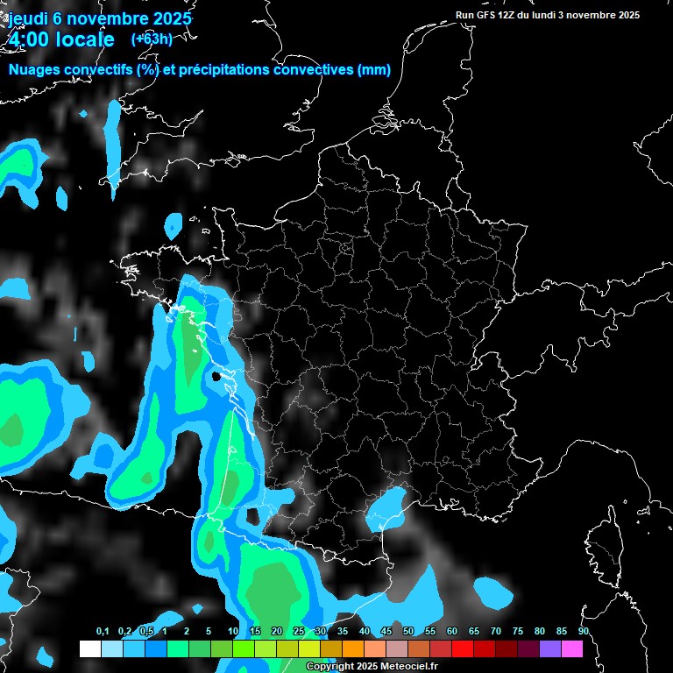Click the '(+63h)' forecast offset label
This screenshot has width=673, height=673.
[x=152, y=39]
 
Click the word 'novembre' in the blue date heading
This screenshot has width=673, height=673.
[x=113, y=18]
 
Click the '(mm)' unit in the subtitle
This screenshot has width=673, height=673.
[x=374, y=70]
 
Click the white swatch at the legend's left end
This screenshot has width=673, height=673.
[x=89, y=648]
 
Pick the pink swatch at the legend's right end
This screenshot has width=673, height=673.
[x=572, y=648]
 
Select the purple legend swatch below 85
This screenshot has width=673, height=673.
[x=550, y=648]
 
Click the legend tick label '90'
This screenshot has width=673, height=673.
[x=584, y=632]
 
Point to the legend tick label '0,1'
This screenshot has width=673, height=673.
[x=103, y=632]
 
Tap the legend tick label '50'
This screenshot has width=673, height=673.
[x=408, y=632]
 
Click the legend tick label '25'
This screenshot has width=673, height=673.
[x=299, y=632]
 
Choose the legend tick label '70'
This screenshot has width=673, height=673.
[x=496, y=632]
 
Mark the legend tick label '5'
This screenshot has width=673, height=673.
[x=209, y=632]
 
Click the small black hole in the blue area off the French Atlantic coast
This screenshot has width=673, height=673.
[x=216, y=376]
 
